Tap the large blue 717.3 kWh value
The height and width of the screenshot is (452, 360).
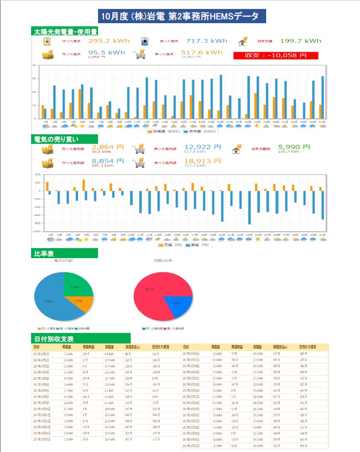[207, 41]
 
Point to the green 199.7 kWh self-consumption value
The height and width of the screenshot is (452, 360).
[300, 41]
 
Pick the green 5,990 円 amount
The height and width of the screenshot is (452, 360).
[294, 147]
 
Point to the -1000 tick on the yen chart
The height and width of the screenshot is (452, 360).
[37, 231]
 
